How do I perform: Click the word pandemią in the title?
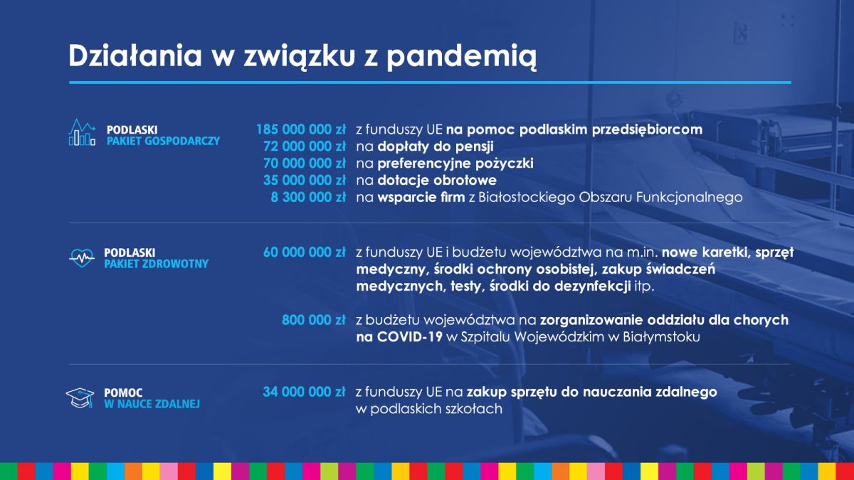pyautogui.click(x=462, y=57)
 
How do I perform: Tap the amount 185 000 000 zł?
pyautogui.click(x=301, y=129)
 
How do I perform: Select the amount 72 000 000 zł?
pyautogui.click(x=305, y=146)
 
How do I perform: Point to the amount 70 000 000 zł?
pyautogui.click(x=305, y=164)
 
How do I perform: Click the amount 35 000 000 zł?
pyautogui.click(x=305, y=180)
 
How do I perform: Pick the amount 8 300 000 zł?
pyautogui.click(x=308, y=198)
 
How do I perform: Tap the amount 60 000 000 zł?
pyautogui.click(x=305, y=252)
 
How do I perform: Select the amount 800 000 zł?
pyautogui.click(x=313, y=320)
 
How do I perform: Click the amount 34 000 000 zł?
pyautogui.click(x=304, y=392)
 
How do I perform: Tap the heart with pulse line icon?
pyautogui.click(x=82, y=258)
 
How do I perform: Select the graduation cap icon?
pyautogui.click(x=80, y=398)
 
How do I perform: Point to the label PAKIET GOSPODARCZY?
pyautogui.click(x=163, y=141)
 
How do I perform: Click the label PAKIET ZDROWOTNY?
pyautogui.click(x=157, y=264)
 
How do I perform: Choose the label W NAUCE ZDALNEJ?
pyautogui.click(x=152, y=404)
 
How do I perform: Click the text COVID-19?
pyautogui.click(x=410, y=337)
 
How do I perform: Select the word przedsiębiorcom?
pyautogui.click(x=647, y=130)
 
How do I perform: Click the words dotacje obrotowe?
pyautogui.click(x=437, y=180)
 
